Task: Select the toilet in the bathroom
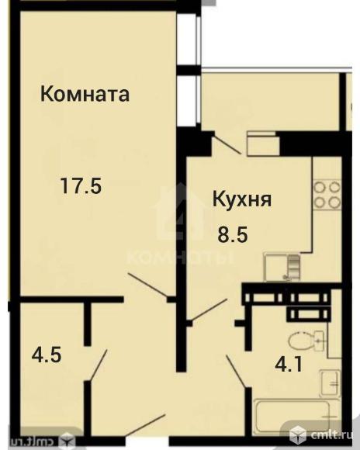(x=306, y=341)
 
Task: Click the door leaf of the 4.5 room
(x=98, y=365)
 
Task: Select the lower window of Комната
(x=185, y=100)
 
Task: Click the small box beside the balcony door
(x=261, y=145)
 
